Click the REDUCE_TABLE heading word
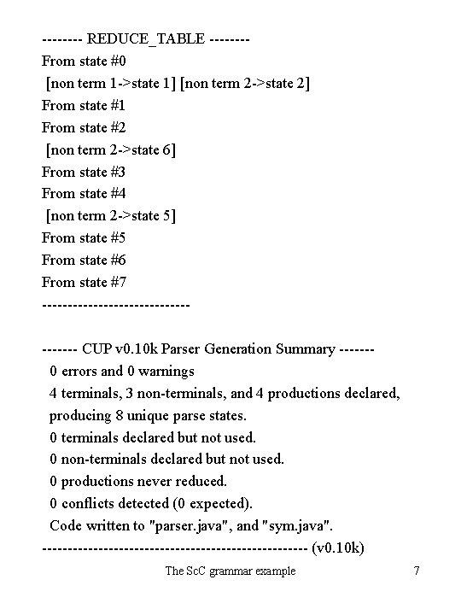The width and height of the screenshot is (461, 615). [x=146, y=38]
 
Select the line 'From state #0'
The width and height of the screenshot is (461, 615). [x=84, y=61]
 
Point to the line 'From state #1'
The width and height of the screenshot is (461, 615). [x=84, y=105]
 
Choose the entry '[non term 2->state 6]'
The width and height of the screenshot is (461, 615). [x=111, y=149]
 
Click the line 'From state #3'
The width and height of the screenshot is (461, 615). [x=84, y=172]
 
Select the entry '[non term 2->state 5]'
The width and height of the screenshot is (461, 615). [x=111, y=216]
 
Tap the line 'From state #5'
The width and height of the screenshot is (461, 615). [x=84, y=238]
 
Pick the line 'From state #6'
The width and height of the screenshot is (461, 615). [x=84, y=260]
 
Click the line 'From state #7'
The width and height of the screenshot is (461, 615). [x=84, y=282]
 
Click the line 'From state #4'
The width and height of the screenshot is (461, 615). [x=84, y=194]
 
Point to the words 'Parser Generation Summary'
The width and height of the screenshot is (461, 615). [x=248, y=348]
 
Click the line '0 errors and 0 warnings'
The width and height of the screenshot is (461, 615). [x=122, y=371]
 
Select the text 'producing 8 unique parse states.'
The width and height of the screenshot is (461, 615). [x=148, y=415]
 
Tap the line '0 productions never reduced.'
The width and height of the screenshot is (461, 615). [x=138, y=481]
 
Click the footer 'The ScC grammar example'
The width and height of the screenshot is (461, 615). [x=230, y=571]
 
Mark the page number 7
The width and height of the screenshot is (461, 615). [x=416, y=571]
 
